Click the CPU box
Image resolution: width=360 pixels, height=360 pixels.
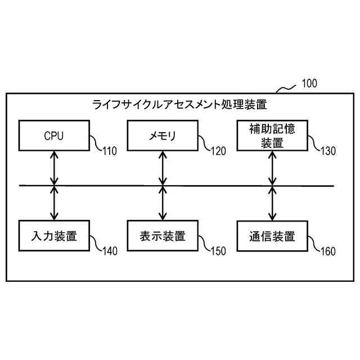[54, 136]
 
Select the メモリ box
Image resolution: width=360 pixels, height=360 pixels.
[163, 136]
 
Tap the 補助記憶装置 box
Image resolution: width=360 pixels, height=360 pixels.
[272, 136]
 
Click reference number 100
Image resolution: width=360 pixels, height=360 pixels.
[309, 84]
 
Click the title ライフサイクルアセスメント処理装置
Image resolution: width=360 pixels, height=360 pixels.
[179, 104]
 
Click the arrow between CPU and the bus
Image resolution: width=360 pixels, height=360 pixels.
[54, 168]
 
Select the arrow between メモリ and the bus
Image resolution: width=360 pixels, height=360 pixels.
[163, 168]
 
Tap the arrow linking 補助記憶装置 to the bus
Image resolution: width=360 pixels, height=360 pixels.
[272, 168]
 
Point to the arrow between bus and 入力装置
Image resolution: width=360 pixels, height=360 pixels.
[54, 203]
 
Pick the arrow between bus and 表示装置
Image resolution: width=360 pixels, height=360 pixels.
[163, 203]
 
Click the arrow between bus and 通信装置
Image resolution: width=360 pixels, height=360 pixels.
[272, 203]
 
